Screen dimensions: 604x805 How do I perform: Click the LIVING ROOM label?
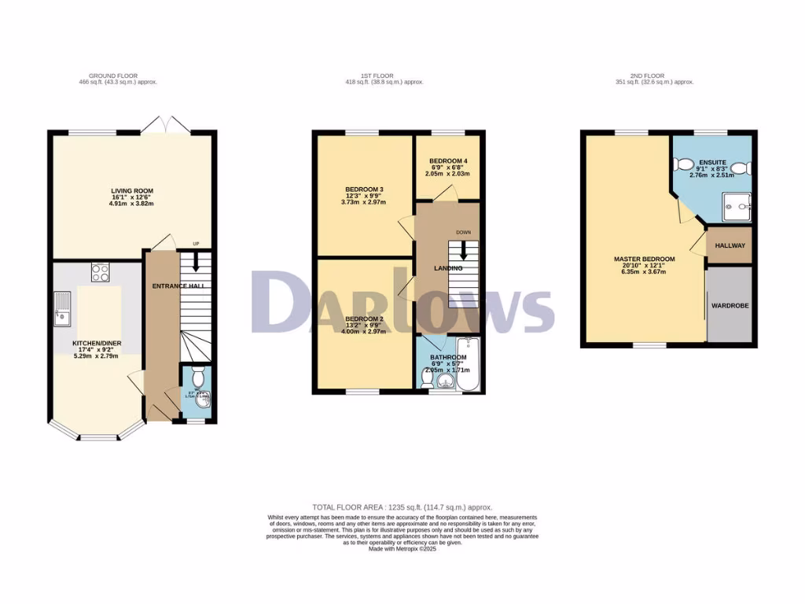[131, 190]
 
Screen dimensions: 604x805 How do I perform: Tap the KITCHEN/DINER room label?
[97, 344]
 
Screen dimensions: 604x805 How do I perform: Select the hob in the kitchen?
[100, 272]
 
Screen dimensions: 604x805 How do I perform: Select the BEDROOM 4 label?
[449, 160]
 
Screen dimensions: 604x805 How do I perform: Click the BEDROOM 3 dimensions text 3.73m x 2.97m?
[365, 202]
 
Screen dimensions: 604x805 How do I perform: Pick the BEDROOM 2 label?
[364, 319]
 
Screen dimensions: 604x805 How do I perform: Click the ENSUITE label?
[712, 161]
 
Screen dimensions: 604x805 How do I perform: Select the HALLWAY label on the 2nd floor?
[730, 246]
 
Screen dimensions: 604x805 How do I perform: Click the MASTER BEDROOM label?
[645, 259]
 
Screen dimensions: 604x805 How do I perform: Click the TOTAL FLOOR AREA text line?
[402, 507]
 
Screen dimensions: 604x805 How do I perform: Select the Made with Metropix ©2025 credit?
[402, 549]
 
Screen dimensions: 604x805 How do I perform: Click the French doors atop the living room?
[167, 124]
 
